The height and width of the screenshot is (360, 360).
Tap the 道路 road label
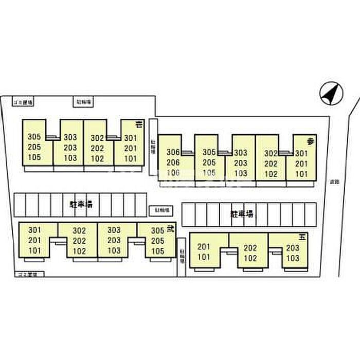(335, 181)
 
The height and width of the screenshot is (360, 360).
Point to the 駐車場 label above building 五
(242, 214)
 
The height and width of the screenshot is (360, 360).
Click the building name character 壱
(138, 125)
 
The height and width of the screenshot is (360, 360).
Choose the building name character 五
(303, 237)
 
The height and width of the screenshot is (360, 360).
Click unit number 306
(173, 152)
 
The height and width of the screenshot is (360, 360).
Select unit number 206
(173, 163)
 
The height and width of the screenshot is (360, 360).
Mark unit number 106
(173, 173)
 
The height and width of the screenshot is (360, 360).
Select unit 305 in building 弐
(158, 231)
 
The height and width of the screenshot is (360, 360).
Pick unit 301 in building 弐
(34, 230)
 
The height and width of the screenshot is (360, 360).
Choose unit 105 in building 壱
(34, 157)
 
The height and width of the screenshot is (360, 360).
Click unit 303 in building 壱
(70, 137)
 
